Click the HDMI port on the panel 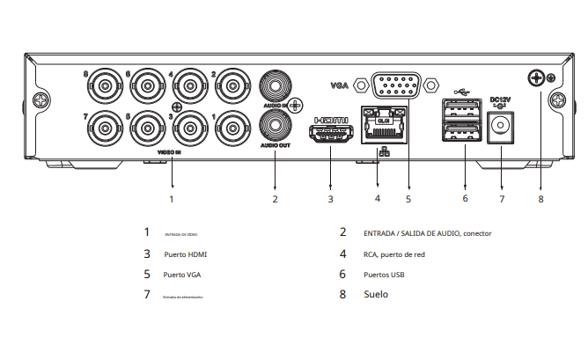[330, 135]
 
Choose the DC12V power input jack [501, 130]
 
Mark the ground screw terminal [536, 79]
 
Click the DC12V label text [500, 99]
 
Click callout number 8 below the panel [540, 198]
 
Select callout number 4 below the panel [377, 198]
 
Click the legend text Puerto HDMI [186, 254]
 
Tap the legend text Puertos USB [384, 275]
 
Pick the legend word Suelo [376, 295]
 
